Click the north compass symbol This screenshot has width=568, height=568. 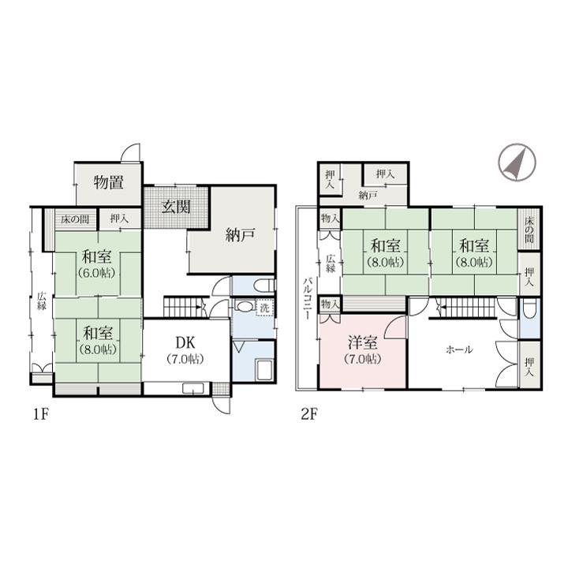point(517,163)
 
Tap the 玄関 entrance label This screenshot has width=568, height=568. point(176,207)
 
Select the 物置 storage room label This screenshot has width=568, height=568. point(108,182)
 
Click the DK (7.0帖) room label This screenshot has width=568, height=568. point(185,349)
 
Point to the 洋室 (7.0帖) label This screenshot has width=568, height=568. point(363,350)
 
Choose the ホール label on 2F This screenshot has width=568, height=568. point(459,349)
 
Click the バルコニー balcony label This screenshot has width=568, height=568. point(308,298)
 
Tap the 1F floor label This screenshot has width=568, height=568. point(41,414)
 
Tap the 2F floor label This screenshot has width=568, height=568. point(309,414)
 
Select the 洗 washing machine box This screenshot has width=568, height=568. point(265,308)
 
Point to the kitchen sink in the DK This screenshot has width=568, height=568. point(192,389)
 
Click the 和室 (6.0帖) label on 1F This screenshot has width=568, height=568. point(97,264)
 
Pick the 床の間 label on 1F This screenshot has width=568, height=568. point(75,219)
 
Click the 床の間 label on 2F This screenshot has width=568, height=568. point(529,230)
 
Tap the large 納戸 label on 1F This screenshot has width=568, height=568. point(240,235)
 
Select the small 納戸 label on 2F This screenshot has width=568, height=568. point(368,196)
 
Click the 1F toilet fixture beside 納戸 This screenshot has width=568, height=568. point(263,286)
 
